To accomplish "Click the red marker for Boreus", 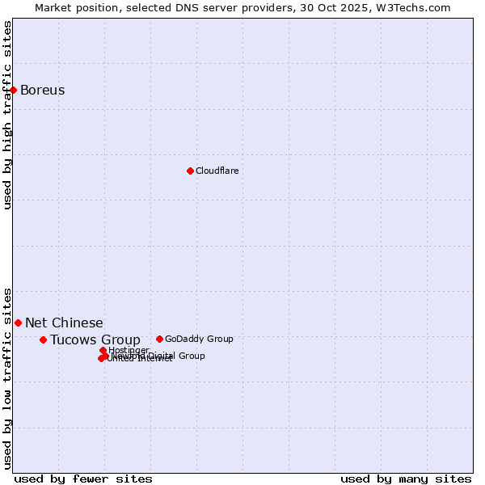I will pyautogui.click(x=14, y=90).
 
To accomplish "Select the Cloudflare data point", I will pyautogui.click(x=190, y=171).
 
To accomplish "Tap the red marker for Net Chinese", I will pyautogui.click(x=18, y=323).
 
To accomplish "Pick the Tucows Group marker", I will pyautogui.click(x=43, y=339).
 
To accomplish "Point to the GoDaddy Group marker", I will pyautogui.click(x=159, y=339).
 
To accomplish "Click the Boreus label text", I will pyautogui.click(x=42, y=90).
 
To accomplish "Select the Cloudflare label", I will pyautogui.click(x=217, y=171).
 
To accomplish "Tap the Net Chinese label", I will pyautogui.click(x=64, y=323).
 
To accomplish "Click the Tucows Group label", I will pyautogui.click(x=95, y=339).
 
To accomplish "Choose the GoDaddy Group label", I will pyautogui.click(x=199, y=339).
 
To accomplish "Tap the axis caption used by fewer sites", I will pyautogui.click(x=83, y=479).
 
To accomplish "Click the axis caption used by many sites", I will pyautogui.click(x=406, y=479).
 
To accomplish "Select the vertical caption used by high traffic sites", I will pyautogui.click(x=7, y=115).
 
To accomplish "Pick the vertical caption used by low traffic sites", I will pyautogui.click(x=7, y=377).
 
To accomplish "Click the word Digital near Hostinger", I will pyautogui.click(x=162, y=356).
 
